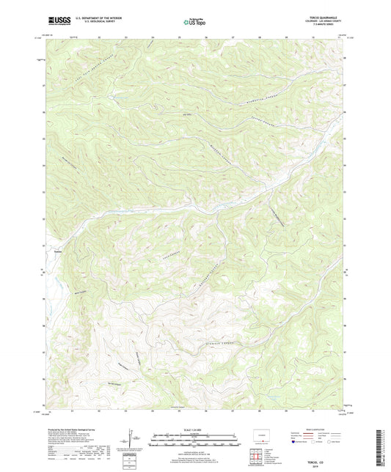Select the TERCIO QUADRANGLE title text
click(326, 19)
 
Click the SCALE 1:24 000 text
click(194, 430)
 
